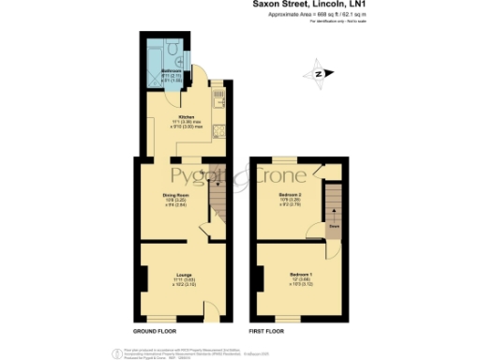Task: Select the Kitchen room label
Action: click(186, 117)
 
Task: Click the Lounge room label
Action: click(184, 273)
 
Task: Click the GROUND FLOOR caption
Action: click(154, 331)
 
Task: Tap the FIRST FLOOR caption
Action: click(266, 331)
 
